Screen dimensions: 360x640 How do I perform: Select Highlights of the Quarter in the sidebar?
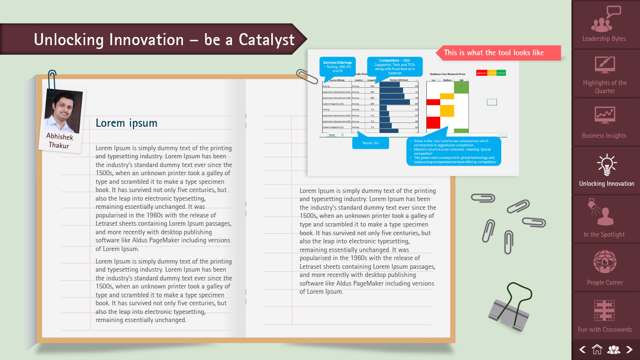[x=604, y=74]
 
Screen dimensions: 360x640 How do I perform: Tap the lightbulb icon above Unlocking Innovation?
[x=606, y=165]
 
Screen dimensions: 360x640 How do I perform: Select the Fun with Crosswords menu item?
[x=604, y=316]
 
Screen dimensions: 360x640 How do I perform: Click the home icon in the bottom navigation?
[x=597, y=350]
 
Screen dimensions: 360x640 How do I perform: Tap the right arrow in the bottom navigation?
[x=629, y=350]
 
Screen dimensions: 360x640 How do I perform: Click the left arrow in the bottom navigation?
[x=582, y=350]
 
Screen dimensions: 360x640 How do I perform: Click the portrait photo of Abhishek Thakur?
[x=63, y=110]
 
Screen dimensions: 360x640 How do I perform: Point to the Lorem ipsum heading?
[x=126, y=123]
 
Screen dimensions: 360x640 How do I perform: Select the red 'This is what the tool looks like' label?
[x=497, y=53]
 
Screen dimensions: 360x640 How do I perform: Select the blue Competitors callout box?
[x=394, y=66]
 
